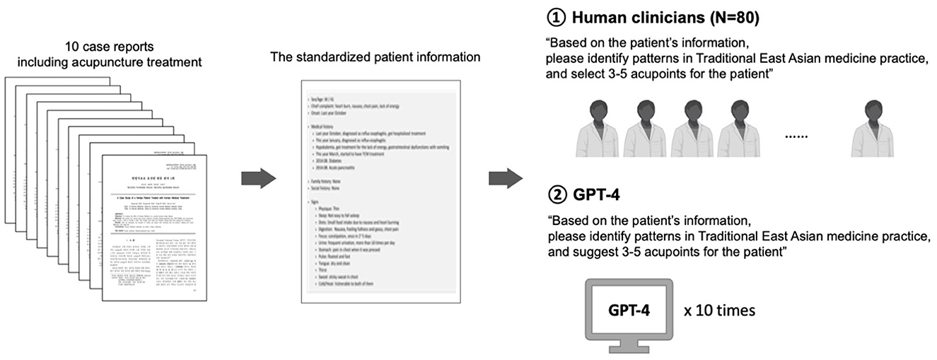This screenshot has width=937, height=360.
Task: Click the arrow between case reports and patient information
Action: pyautogui.click(x=258, y=178)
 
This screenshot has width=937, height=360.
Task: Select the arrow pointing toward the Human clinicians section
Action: pyautogui.click(x=504, y=178)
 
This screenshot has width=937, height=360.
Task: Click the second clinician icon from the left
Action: pyautogui.click(x=644, y=128)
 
